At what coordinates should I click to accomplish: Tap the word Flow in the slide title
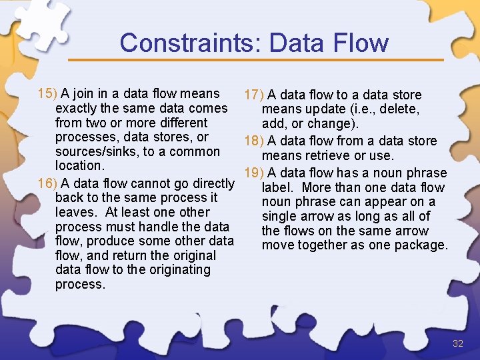coord(361,43)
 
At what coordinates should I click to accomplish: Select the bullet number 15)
coord(47,93)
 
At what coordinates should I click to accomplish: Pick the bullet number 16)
coord(47,183)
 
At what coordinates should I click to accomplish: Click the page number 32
coord(457,344)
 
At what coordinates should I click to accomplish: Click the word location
coord(79,165)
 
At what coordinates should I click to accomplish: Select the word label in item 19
coord(276,187)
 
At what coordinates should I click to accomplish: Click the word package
coord(419,245)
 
